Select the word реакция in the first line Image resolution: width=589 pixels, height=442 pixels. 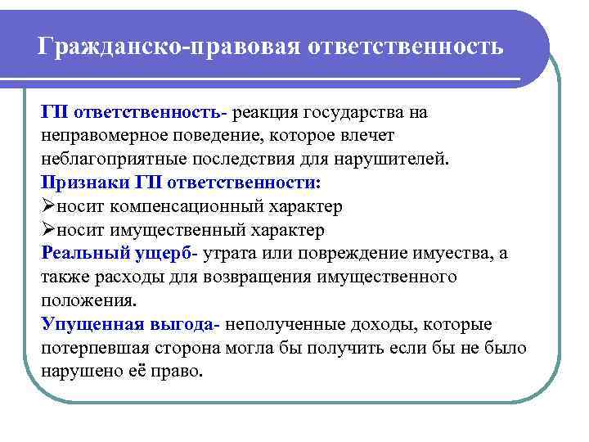tap(267, 111)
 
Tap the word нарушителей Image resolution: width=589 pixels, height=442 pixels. tap(393, 158)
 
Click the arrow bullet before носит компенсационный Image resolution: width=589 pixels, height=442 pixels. tap(48, 205)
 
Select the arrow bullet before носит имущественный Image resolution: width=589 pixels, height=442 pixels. tap(48, 229)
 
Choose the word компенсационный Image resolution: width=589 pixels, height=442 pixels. tap(180, 205)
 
